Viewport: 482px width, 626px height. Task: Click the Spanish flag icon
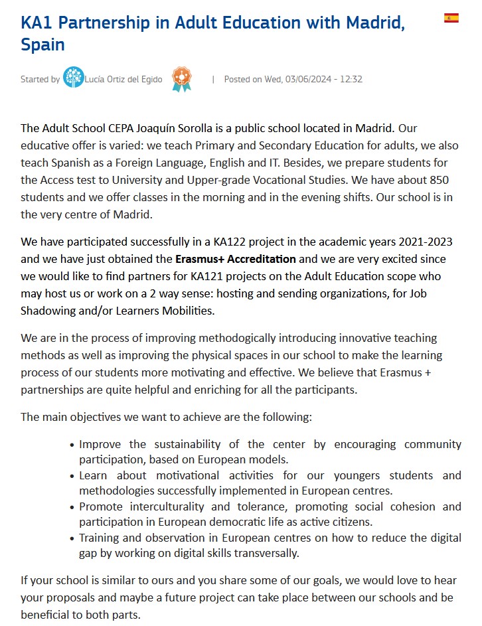451,18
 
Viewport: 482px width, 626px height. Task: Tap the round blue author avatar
73,78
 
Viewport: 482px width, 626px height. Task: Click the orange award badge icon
181,79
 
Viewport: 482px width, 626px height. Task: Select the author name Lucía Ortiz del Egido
123,80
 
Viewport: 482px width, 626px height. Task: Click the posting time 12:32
351,80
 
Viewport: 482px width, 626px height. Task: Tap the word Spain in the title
42,45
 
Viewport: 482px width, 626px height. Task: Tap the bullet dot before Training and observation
72,538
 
